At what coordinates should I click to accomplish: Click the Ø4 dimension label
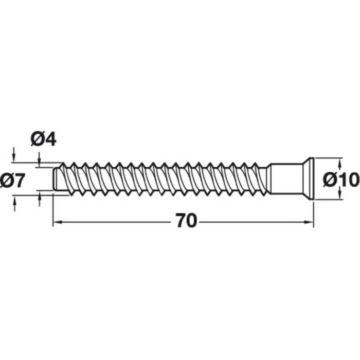(x=43, y=139)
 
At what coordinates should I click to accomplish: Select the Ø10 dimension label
(x=341, y=180)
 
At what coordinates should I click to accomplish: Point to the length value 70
(x=186, y=221)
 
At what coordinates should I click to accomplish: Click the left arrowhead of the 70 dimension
(x=58, y=222)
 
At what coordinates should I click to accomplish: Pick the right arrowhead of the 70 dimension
(x=309, y=222)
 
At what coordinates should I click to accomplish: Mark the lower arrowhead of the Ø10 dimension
(x=340, y=195)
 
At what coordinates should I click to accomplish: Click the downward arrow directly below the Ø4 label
(x=39, y=159)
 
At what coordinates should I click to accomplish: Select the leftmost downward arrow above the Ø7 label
(x=14, y=155)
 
